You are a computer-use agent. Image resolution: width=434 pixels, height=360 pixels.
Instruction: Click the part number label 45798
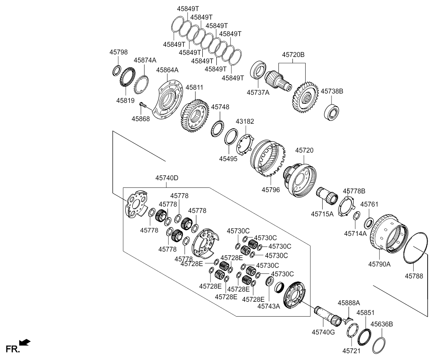point(118,52)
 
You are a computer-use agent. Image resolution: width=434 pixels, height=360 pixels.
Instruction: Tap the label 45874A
point(145,60)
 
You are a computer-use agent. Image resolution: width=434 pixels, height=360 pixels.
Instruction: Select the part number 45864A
point(167,70)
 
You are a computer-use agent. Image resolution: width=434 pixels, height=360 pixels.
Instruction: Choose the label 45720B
point(292,54)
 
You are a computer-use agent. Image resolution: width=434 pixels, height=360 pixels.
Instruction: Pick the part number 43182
point(245,121)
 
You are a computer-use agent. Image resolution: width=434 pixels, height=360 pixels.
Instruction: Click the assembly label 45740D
point(167,179)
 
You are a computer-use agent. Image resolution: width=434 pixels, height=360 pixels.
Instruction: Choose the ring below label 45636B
point(379,345)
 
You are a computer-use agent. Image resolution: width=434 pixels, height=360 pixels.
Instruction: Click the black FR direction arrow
point(25,342)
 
